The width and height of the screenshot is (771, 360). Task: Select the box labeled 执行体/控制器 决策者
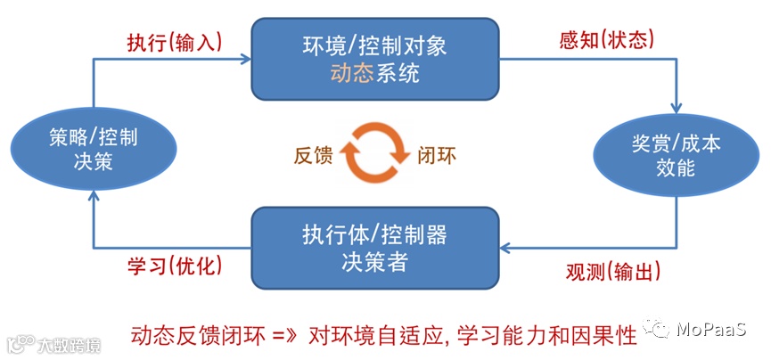[x=373, y=249]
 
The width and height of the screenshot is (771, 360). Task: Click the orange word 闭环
[x=437, y=153]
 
